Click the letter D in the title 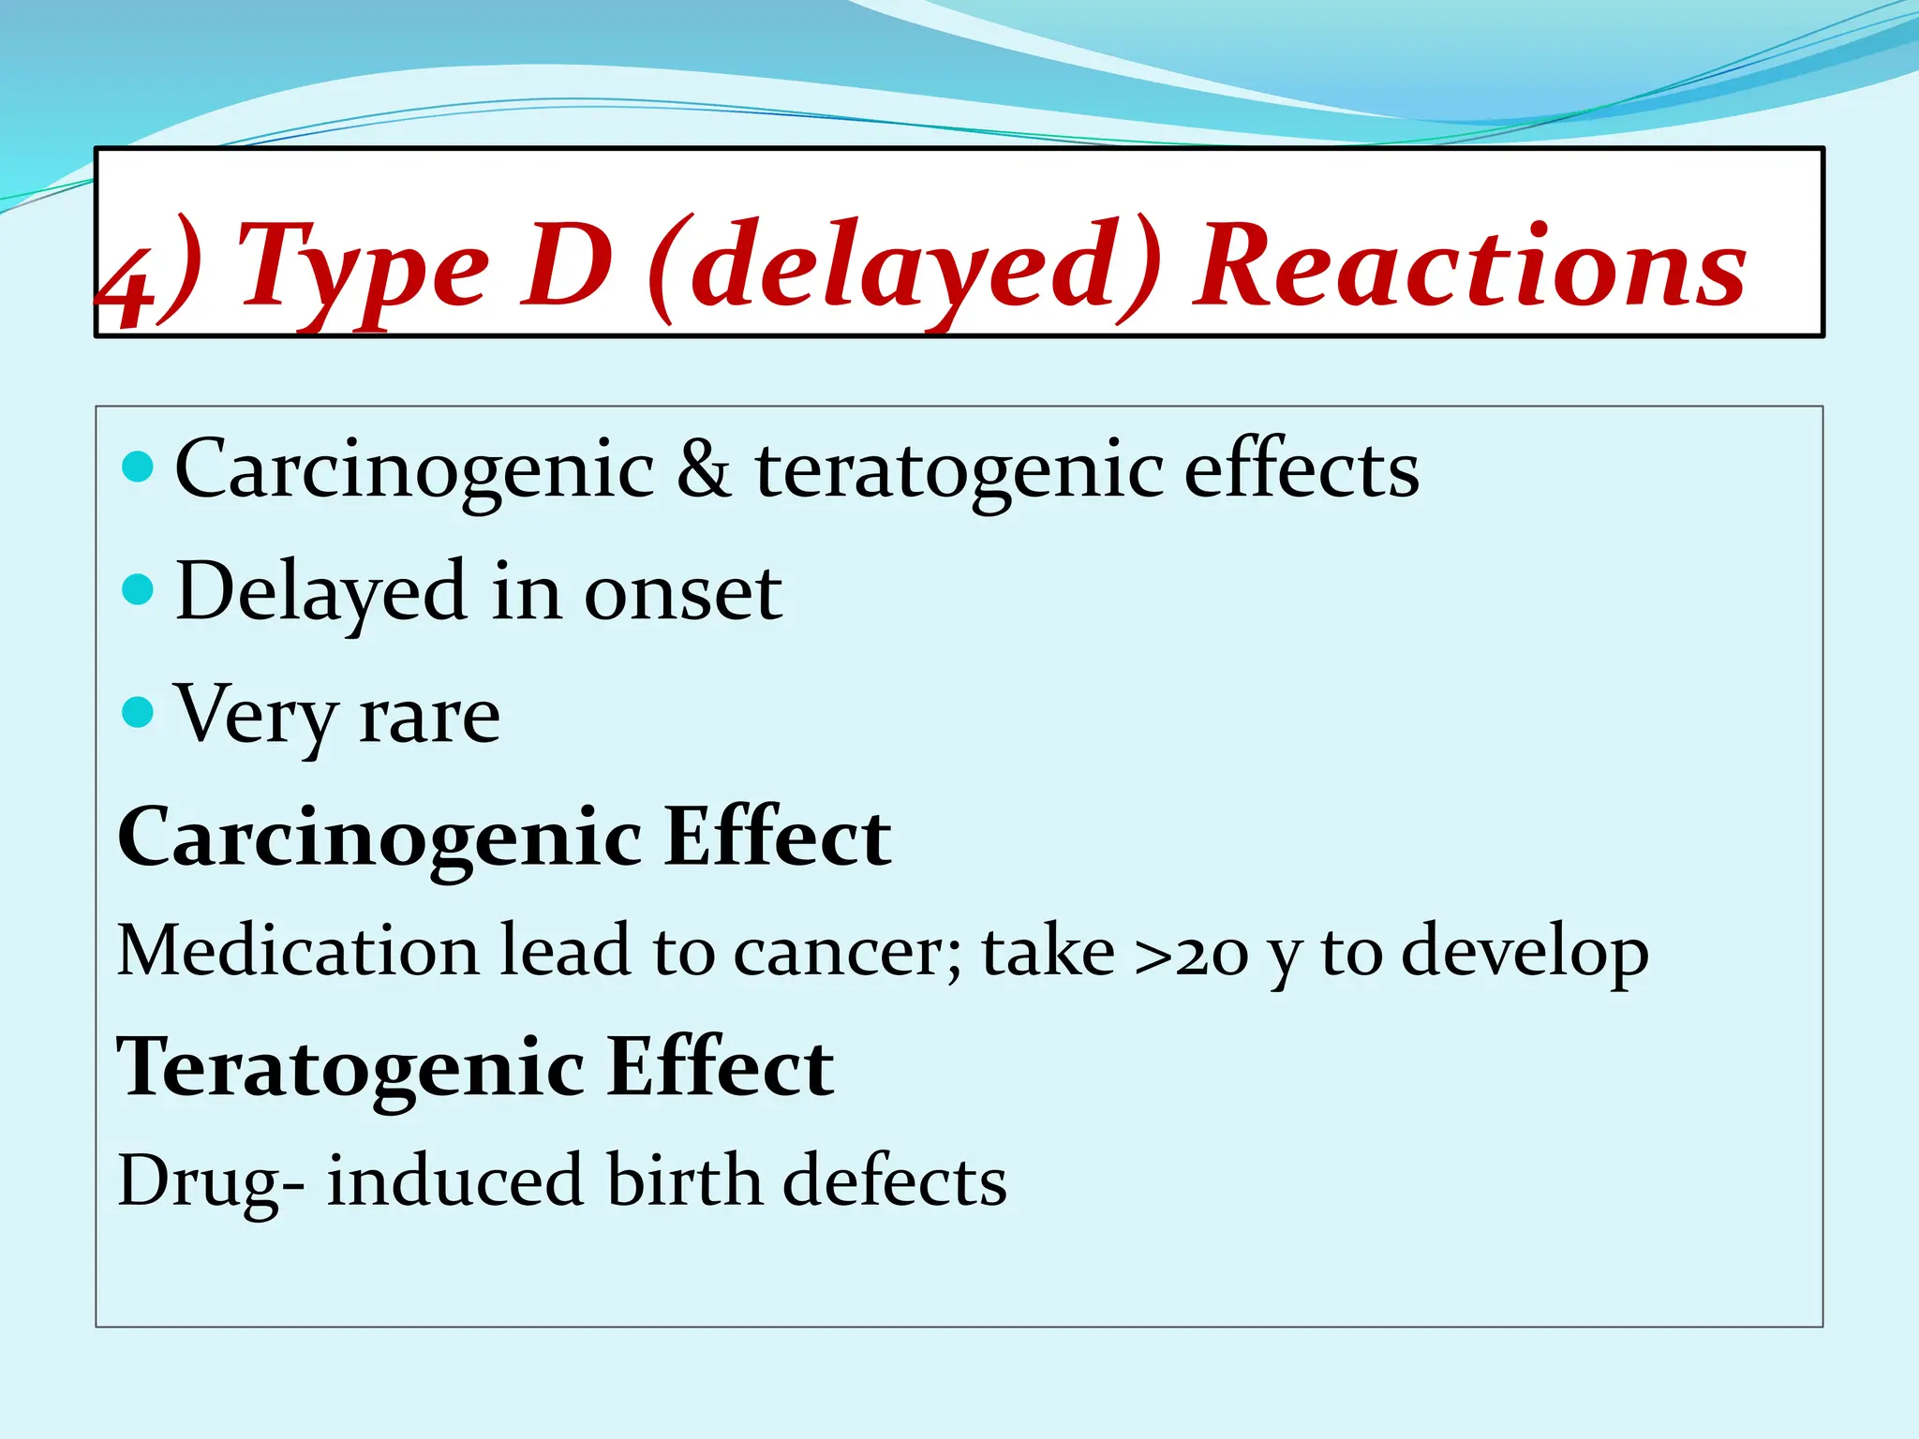coord(567,267)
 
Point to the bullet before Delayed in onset coord(138,589)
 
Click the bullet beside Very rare coord(138,712)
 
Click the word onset coord(683,593)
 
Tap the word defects coord(895,1180)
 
